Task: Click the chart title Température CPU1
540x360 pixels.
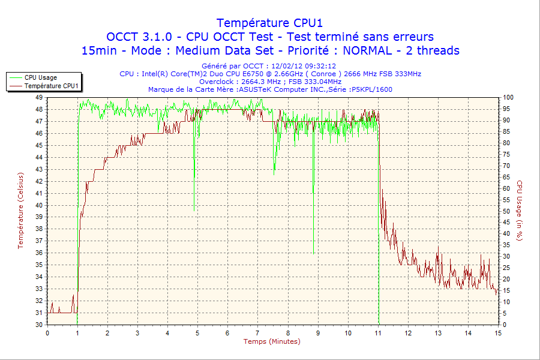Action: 269,23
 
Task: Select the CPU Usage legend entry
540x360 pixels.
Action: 41,77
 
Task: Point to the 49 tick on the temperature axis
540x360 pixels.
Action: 39,97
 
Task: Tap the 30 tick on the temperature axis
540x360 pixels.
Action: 39,325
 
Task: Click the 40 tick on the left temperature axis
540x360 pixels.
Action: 39,205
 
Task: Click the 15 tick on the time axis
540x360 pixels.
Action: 497,333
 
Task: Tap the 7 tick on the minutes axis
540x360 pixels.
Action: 258,333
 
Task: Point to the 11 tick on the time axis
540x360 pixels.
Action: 378,333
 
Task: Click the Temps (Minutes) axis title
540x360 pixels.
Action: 271,341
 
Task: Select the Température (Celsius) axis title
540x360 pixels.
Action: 21,210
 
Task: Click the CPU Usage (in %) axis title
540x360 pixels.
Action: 520,210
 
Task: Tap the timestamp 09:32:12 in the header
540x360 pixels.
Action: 320,66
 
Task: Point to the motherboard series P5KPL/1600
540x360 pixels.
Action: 373,89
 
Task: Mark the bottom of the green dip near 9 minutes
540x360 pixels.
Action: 313,253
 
